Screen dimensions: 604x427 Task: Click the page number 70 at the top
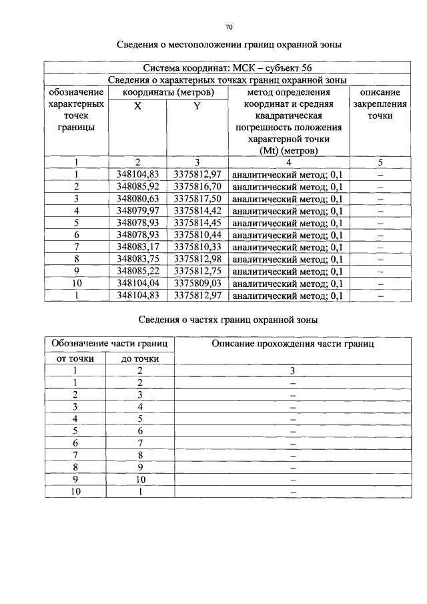coord(229,27)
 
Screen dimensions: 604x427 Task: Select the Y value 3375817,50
coord(197,198)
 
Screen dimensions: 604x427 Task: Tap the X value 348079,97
coord(137,211)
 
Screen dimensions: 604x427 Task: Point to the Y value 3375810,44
coord(197,235)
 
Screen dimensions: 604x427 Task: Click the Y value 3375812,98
coord(197,259)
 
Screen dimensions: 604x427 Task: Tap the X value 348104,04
coord(137,283)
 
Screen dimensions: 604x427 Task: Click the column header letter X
coord(137,106)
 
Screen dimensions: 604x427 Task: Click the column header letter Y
coord(197,106)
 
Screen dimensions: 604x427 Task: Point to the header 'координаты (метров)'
coord(167,92)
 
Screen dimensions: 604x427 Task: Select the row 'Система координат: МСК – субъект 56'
coord(228,68)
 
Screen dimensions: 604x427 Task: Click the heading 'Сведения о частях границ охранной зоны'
coord(228,320)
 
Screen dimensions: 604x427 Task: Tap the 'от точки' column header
coord(75,358)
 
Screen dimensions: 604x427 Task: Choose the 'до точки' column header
coord(140,358)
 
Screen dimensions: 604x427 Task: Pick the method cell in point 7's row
coord(288,248)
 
